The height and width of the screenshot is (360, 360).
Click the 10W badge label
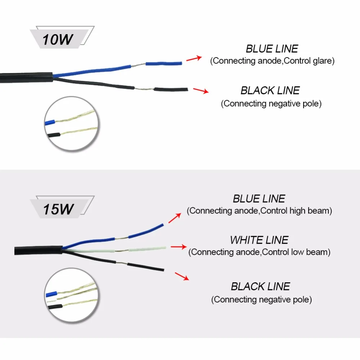(58, 40)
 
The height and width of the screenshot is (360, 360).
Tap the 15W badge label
(58, 209)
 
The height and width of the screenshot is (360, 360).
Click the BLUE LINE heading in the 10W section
(272, 49)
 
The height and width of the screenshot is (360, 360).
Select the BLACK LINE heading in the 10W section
(270, 90)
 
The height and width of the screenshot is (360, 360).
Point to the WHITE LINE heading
(259, 240)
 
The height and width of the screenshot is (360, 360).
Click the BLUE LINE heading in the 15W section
(259, 199)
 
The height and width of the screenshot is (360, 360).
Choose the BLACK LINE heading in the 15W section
(260, 287)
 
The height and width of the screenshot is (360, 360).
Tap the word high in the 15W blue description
(297, 211)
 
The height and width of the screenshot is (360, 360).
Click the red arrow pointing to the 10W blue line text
(194, 58)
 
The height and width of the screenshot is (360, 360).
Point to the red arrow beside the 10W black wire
(201, 91)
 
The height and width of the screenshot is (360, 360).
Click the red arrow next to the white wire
(179, 247)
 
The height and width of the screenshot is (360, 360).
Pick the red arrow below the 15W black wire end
(182, 276)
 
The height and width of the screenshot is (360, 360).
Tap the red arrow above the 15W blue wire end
(175, 218)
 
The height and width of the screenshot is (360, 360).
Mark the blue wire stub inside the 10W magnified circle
(50, 122)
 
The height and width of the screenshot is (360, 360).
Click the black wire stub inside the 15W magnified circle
(55, 307)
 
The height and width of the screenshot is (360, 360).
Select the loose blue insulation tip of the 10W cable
(164, 63)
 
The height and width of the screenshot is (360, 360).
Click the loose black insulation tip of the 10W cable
(171, 89)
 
